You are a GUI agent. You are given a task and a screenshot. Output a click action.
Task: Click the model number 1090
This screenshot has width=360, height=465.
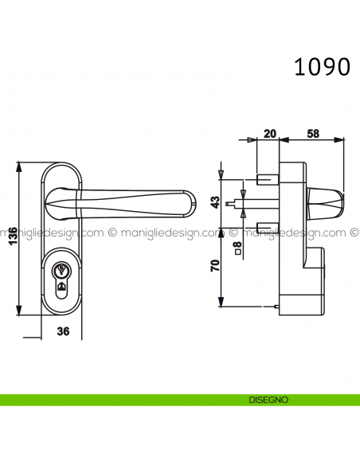click(x=322, y=66)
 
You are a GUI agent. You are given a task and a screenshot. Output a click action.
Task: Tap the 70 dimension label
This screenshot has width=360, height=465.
click(x=214, y=266)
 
